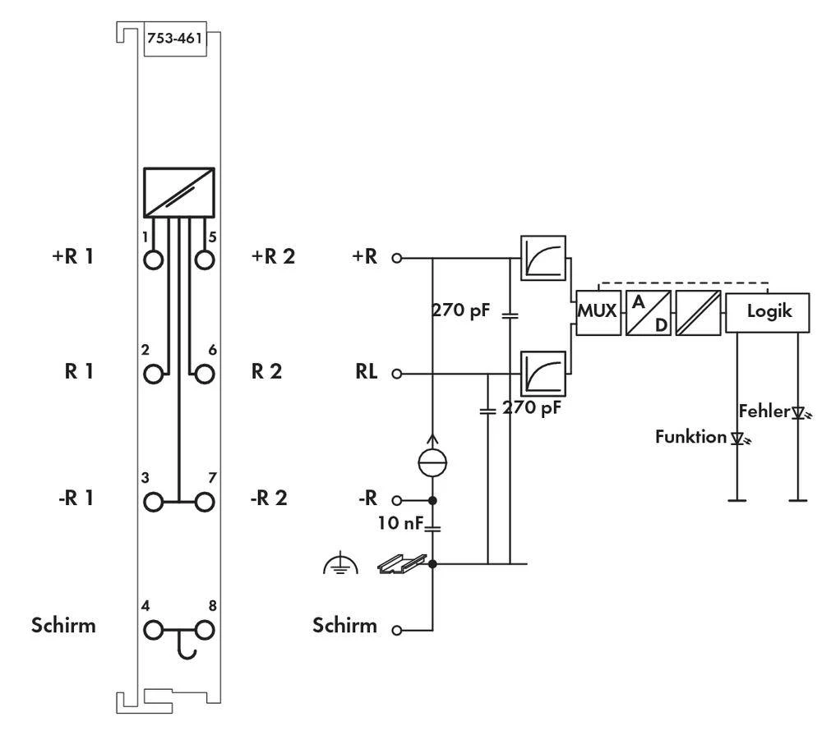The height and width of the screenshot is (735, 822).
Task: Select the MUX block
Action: coord(597,312)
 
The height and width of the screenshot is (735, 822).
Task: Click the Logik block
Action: coord(769,312)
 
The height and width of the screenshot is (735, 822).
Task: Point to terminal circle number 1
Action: coord(154,260)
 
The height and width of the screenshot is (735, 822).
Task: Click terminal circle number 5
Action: coord(204,260)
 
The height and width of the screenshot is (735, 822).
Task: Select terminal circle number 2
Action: coord(154,374)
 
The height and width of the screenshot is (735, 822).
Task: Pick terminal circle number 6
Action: coord(204,374)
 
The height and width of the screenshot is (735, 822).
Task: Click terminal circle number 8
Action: coord(204,630)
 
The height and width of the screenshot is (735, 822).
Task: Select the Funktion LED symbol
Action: coord(737,438)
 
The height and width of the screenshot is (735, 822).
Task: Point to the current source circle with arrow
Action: coord(433,462)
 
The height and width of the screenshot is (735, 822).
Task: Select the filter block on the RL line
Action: coord(543,374)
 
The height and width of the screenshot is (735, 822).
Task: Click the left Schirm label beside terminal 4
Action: coord(64,625)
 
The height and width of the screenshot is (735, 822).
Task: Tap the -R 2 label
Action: coord(269,498)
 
